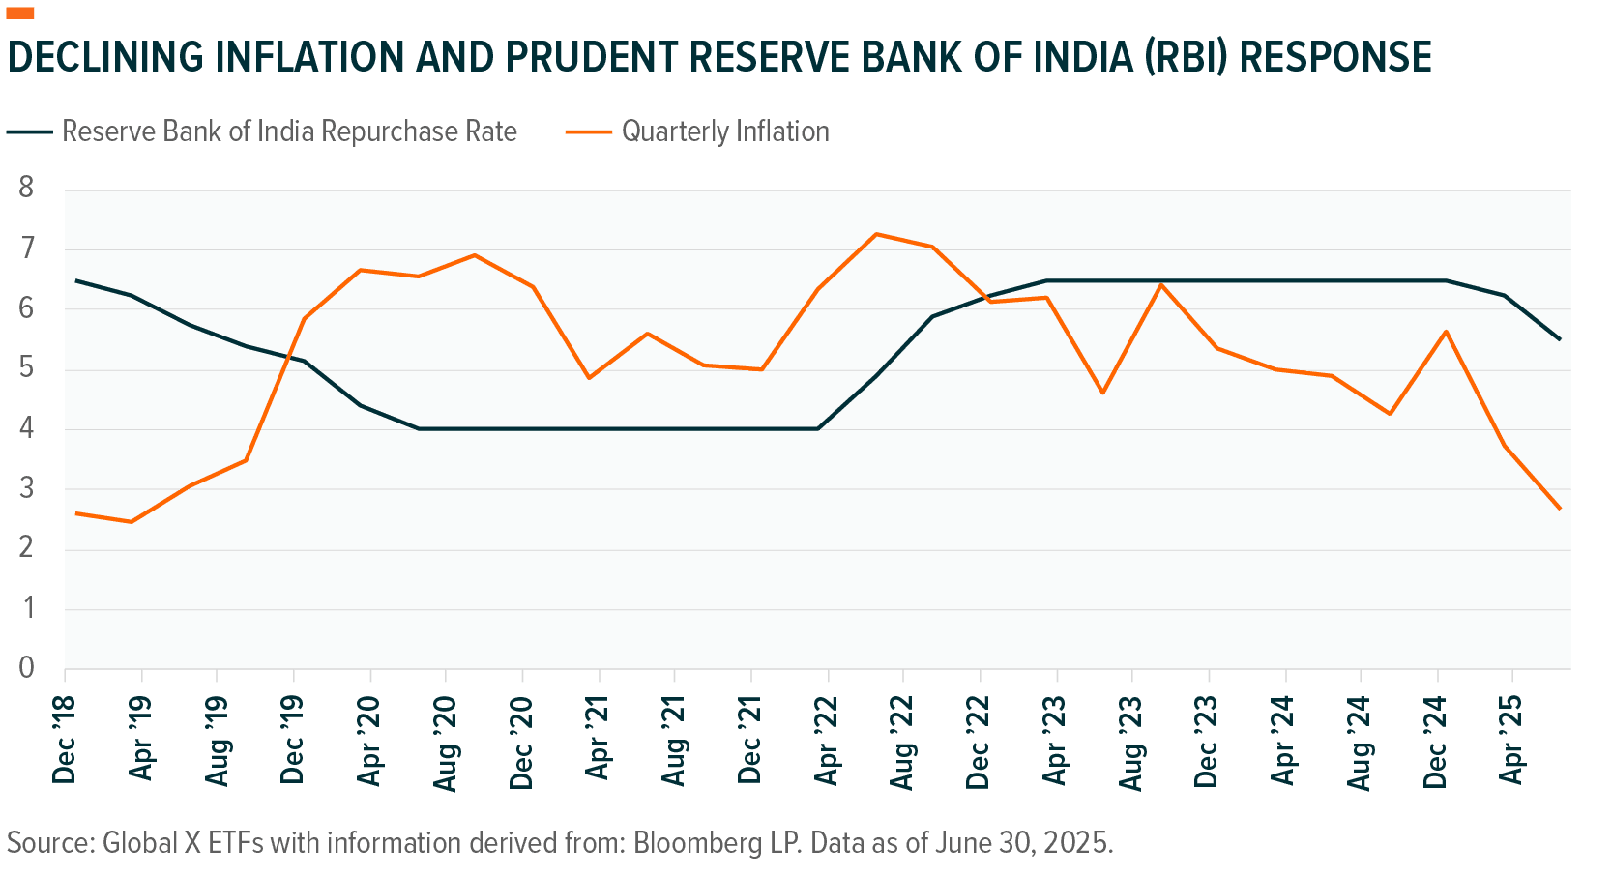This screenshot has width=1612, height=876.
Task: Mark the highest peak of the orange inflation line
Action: [x=877, y=234]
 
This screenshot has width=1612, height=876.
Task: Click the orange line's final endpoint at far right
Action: [x=1559, y=509]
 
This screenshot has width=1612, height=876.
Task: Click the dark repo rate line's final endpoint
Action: [x=1559, y=339]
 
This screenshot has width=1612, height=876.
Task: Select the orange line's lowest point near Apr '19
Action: [x=132, y=521]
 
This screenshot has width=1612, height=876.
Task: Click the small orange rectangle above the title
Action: [x=20, y=14]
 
